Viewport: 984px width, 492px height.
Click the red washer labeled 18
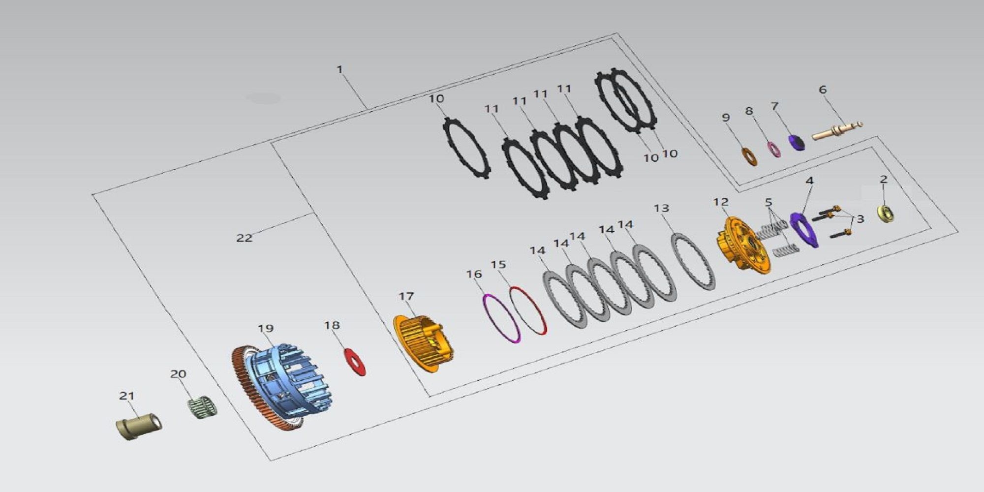coord(354,362)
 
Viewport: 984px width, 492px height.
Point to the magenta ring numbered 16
coord(501,318)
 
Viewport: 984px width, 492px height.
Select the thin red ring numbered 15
coord(528,310)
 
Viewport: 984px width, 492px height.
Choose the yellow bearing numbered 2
coord(886,215)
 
